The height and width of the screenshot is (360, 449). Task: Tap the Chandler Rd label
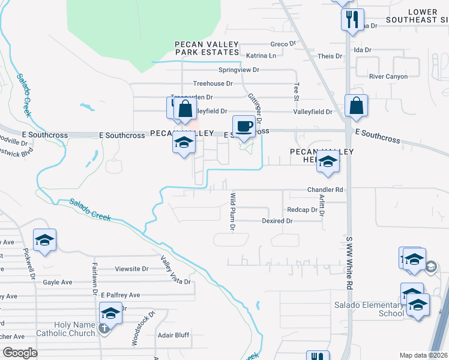tap(325, 190)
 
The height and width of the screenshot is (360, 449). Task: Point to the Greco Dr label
tap(283, 44)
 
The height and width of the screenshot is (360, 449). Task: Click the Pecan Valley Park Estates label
tap(206, 49)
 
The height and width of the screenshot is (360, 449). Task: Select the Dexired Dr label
tap(277, 221)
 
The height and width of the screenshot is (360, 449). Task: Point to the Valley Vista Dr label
tap(175, 271)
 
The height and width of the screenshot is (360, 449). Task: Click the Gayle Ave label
tap(57, 282)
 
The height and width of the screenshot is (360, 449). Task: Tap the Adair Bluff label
tap(173, 335)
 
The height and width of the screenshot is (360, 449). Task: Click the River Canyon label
tap(388, 77)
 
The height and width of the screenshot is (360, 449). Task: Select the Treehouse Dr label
tap(212, 83)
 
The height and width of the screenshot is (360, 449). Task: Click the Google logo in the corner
tap(20, 353)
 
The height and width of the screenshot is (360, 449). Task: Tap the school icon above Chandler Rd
tap(328, 162)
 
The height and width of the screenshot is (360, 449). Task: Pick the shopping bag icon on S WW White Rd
tap(357, 106)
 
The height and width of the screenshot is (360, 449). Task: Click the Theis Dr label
tap(330, 56)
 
